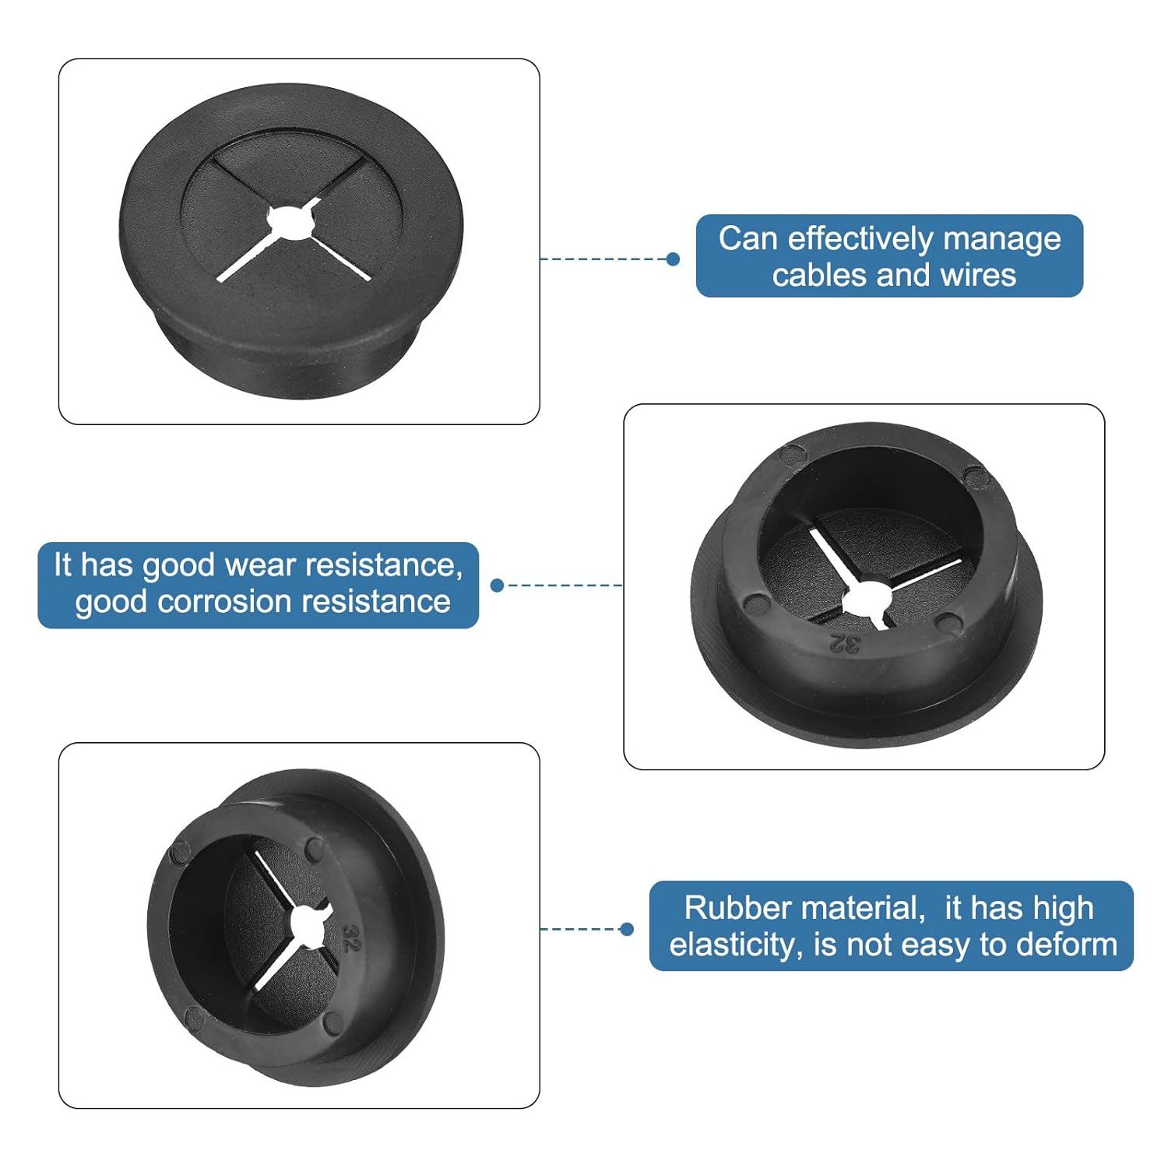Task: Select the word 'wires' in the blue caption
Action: click(979, 275)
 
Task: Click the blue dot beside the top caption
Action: click(674, 259)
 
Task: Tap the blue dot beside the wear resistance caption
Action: click(498, 585)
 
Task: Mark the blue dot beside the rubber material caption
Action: click(627, 929)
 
